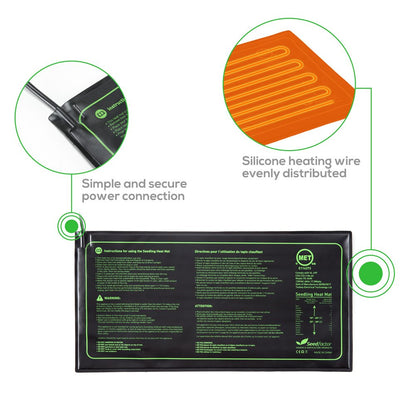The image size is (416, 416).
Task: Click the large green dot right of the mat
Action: coord(370,273)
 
